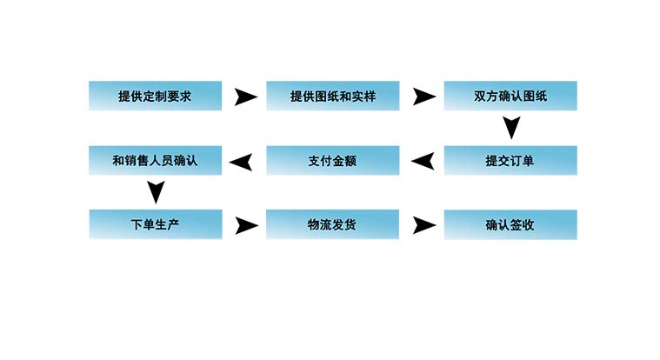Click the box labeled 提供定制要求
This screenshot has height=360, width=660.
[x=155, y=96]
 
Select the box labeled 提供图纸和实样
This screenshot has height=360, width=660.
[x=332, y=96]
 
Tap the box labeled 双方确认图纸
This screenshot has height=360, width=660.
[x=510, y=96]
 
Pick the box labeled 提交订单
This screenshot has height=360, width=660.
[x=510, y=160]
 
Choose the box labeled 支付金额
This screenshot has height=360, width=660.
[x=332, y=160]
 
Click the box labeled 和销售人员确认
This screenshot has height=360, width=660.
[x=155, y=160]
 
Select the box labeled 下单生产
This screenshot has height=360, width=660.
[x=155, y=224]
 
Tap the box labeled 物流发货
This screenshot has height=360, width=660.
[x=332, y=224]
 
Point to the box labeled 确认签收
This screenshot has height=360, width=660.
[x=510, y=224]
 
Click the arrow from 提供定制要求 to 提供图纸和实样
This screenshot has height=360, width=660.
[x=246, y=97]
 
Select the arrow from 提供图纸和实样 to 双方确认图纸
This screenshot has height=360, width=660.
[x=423, y=97]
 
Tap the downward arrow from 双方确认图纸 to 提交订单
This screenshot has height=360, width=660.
[x=512, y=129]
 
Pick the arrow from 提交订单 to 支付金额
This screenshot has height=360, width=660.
[x=423, y=161]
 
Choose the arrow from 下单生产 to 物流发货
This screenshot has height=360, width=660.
[x=247, y=225]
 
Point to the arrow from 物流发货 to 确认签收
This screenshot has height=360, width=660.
[x=423, y=225]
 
